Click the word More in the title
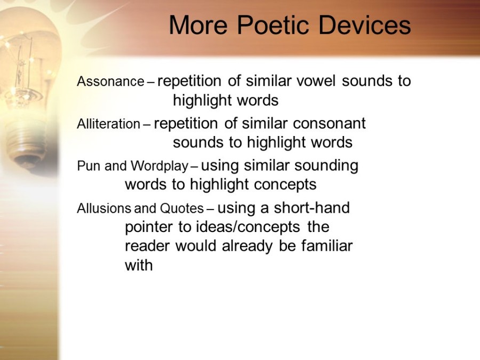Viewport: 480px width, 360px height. pos(198,25)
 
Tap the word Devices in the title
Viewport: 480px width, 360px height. pos(365,25)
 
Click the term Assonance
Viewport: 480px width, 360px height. pos(110,82)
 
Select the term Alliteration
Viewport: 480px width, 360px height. pos(108,124)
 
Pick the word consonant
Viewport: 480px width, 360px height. pos(329,124)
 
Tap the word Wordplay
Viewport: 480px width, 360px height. pos(159,166)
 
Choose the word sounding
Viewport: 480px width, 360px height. pos(326,166)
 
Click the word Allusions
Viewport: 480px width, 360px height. pos(105,209)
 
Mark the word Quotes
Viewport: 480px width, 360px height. pos(182,209)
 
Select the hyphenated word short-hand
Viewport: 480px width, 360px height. pos(311,208)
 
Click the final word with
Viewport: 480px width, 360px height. pos(139,265)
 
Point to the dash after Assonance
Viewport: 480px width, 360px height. pos(150,82)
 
